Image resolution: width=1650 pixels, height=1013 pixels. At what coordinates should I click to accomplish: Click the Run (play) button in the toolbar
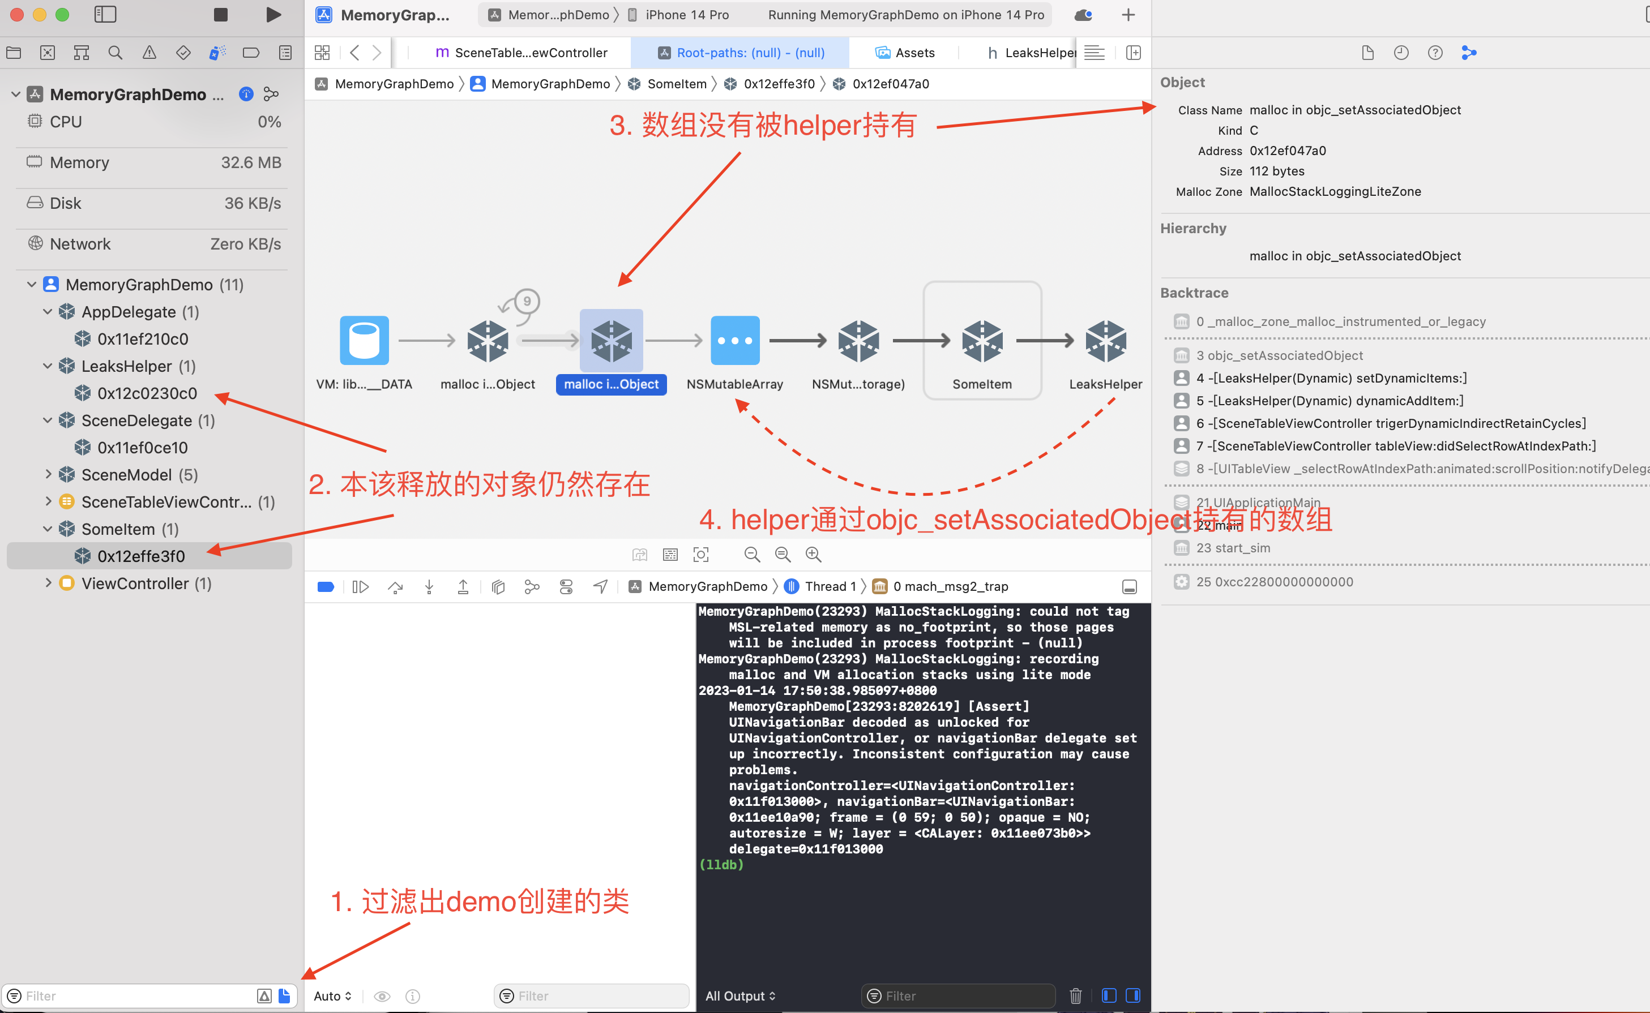coord(273,15)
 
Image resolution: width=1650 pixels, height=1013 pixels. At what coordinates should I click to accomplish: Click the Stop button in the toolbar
coord(220,15)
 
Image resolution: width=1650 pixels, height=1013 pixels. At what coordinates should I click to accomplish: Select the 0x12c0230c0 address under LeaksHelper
coord(147,393)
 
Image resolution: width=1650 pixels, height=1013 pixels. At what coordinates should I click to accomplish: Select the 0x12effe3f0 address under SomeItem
coord(141,556)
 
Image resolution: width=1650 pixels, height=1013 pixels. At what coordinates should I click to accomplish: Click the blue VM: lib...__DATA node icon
coord(364,340)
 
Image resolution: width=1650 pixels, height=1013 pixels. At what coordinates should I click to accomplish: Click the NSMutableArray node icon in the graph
coord(734,340)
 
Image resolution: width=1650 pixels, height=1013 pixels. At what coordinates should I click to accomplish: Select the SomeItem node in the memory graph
coord(982,340)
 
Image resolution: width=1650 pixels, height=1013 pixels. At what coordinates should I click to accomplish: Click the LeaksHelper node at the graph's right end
coord(1105,340)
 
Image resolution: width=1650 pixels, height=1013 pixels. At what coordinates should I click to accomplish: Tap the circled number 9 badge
coord(527,302)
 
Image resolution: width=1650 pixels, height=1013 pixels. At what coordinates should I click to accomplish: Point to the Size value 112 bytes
coord(1277,171)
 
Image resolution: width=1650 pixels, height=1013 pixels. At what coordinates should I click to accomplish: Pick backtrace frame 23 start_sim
coord(1233,548)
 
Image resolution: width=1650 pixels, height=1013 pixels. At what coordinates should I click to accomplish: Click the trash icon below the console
coord(1075,995)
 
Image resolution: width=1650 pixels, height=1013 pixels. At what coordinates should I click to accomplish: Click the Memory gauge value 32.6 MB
coord(251,163)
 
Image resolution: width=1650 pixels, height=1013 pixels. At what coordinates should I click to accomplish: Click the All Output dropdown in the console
coord(740,995)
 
